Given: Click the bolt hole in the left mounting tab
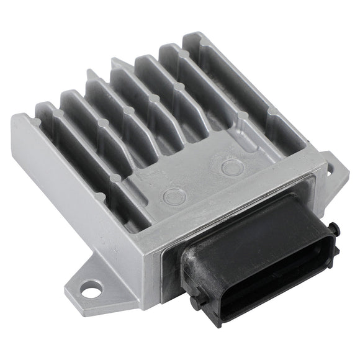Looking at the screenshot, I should pos(91,288).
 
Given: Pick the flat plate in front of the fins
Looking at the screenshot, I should pos(205,180).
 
